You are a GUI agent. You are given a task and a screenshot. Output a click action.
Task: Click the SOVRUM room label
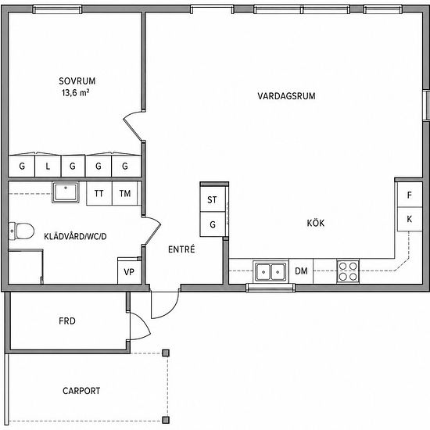(x=77, y=81)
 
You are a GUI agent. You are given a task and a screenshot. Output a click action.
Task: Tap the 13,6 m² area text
(x=75, y=93)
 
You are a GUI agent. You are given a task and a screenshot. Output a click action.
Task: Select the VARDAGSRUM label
(x=286, y=96)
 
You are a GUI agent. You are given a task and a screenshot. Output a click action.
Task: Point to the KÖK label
(x=315, y=223)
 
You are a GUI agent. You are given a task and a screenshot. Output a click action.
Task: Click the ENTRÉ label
(x=181, y=249)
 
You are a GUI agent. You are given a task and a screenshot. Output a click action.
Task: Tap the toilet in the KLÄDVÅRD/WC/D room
(x=21, y=231)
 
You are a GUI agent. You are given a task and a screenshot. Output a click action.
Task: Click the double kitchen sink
(x=271, y=272)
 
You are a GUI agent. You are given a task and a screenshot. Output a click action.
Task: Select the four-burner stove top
(x=348, y=271)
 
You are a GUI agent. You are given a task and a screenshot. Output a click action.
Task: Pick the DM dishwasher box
(x=301, y=271)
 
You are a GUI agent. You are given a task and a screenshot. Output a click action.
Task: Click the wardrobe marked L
(x=48, y=166)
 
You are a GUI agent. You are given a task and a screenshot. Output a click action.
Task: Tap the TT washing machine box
(x=99, y=193)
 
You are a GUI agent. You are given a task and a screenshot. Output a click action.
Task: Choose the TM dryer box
(x=125, y=193)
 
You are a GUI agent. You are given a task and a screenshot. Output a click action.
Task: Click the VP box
(x=129, y=271)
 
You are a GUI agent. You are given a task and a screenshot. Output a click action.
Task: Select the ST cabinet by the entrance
(x=213, y=199)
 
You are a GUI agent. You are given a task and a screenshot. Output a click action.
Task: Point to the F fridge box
(x=410, y=195)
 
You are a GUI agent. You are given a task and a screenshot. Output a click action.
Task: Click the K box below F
(x=410, y=219)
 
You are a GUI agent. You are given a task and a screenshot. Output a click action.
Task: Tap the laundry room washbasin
(x=66, y=192)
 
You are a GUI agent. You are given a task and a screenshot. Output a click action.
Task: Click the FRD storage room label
(x=67, y=321)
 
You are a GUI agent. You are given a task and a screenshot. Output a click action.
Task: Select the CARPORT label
(x=81, y=390)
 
